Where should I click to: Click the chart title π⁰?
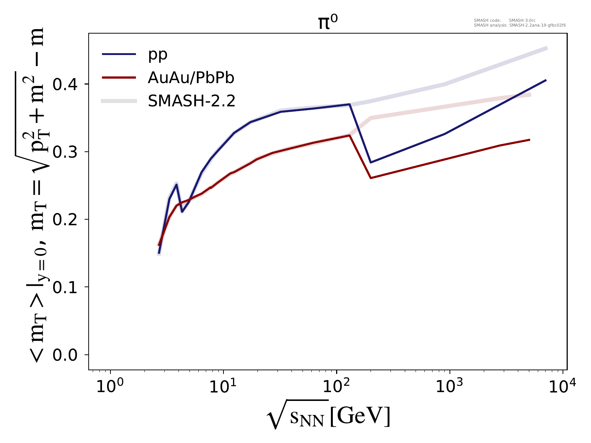pos(328,23)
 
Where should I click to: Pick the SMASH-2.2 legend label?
pos(191,101)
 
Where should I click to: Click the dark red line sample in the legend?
pos(119,78)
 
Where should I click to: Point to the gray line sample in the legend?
pos(119,101)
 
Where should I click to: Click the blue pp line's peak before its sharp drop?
pos(349,104)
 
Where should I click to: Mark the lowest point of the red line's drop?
pos(370,178)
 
